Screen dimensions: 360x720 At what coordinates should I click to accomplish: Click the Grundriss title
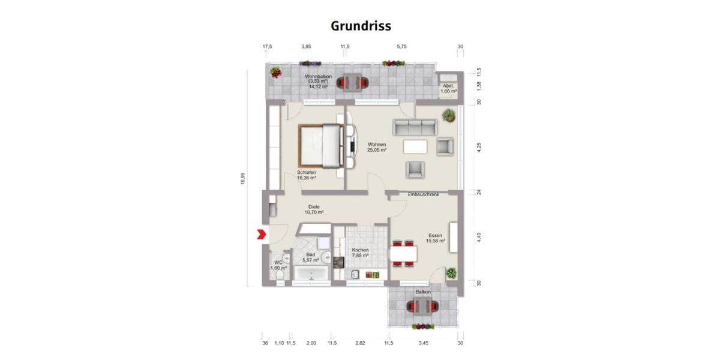pos(361,26)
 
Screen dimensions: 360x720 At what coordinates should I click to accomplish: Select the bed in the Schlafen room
pos(322,145)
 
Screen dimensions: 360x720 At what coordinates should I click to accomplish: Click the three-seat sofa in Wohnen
pos(414,127)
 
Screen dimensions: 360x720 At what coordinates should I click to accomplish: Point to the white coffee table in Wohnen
pos(415,146)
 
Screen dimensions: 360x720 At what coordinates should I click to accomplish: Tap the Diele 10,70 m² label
pos(314,209)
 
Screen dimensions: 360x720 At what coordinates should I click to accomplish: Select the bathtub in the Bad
pos(311,275)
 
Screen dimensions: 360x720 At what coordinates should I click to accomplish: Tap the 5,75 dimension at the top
pos(401,46)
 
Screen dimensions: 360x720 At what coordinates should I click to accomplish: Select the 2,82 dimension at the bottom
pos(360,343)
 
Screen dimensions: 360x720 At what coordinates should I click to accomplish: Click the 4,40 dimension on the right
pos(478,238)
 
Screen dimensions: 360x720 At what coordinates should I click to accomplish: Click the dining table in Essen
pos(403,254)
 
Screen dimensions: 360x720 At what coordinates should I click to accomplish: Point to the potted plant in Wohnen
pos(448,115)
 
